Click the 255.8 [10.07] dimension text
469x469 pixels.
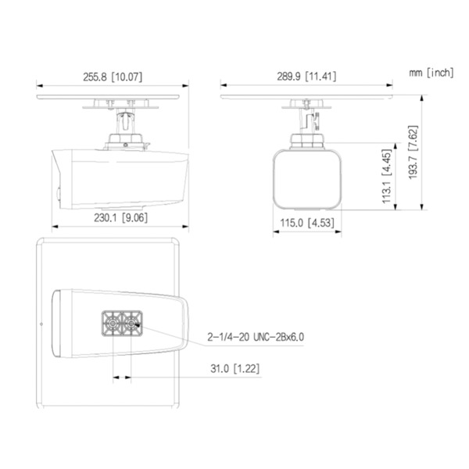click(x=112, y=77)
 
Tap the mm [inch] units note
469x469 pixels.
click(x=430, y=72)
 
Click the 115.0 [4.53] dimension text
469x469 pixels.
click(x=308, y=223)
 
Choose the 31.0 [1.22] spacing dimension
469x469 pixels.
click(x=236, y=367)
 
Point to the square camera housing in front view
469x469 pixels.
click(x=307, y=180)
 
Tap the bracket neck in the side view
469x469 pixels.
click(x=125, y=124)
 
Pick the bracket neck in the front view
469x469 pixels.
click(x=307, y=122)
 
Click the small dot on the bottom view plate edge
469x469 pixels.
click(x=39, y=322)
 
